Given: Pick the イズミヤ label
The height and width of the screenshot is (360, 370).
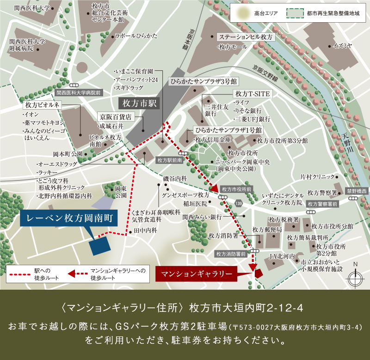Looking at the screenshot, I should [343, 45].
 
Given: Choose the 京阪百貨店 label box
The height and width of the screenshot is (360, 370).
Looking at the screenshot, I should [116, 117].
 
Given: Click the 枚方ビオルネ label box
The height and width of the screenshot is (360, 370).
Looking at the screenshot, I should [43, 105].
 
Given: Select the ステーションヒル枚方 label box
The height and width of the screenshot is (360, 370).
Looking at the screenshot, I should [247, 37].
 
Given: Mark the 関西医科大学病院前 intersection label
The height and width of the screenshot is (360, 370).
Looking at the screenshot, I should [78, 93].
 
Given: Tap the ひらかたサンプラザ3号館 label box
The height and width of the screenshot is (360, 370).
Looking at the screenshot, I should [203, 81].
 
